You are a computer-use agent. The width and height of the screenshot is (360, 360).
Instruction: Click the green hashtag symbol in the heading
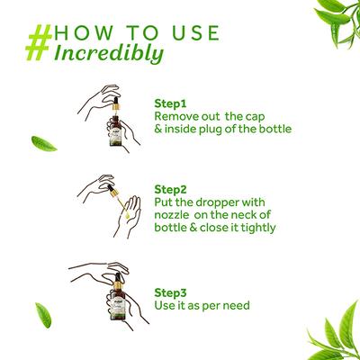40,42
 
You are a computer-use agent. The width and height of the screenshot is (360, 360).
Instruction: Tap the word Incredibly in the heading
109,54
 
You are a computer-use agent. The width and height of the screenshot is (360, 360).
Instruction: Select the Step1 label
170,103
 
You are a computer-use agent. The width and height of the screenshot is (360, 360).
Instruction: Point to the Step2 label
170,190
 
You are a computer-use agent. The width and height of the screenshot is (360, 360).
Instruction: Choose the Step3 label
170,292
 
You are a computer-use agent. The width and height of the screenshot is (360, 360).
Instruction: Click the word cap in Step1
254,117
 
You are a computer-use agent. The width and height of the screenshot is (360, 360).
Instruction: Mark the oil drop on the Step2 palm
127,214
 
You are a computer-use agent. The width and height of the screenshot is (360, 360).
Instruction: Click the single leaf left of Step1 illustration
44,144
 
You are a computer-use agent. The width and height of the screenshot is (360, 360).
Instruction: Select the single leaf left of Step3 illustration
43,315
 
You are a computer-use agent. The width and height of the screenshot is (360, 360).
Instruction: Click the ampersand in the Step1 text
157,130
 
